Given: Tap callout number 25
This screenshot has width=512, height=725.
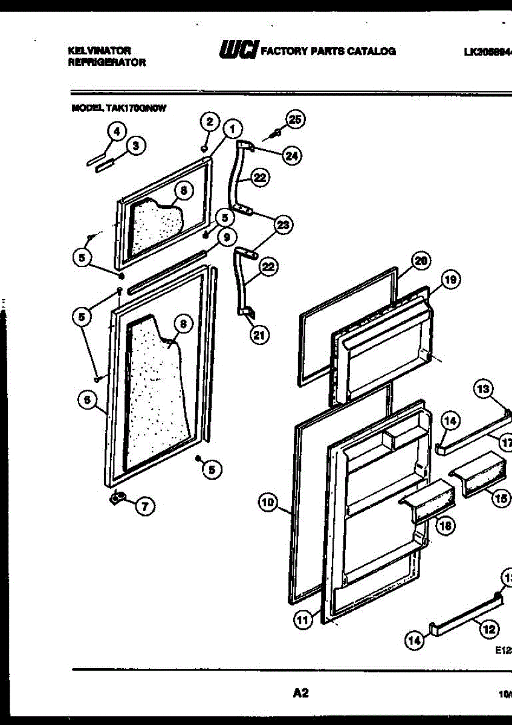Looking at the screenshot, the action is tap(294, 120).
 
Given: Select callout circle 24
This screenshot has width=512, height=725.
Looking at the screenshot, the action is tap(292, 155).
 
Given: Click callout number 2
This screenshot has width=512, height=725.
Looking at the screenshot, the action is tap(209, 122).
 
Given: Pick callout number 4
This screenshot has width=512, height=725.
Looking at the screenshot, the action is tap(116, 131).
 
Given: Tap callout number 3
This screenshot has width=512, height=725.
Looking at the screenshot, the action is tap(135, 146).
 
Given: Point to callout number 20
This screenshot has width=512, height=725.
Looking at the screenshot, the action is tap(421, 261).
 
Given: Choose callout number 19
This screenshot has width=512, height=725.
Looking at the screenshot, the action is tap(450, 279).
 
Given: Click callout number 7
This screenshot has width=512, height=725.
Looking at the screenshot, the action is tap(144, 506).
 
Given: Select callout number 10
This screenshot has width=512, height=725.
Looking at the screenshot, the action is tap(268, 502).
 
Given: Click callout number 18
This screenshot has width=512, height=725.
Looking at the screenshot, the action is tap(444, 526).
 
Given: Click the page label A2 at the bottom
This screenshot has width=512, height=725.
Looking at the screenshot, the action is tap(300, 693).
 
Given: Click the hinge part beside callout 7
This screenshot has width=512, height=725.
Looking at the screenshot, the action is tap(117, 497).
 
